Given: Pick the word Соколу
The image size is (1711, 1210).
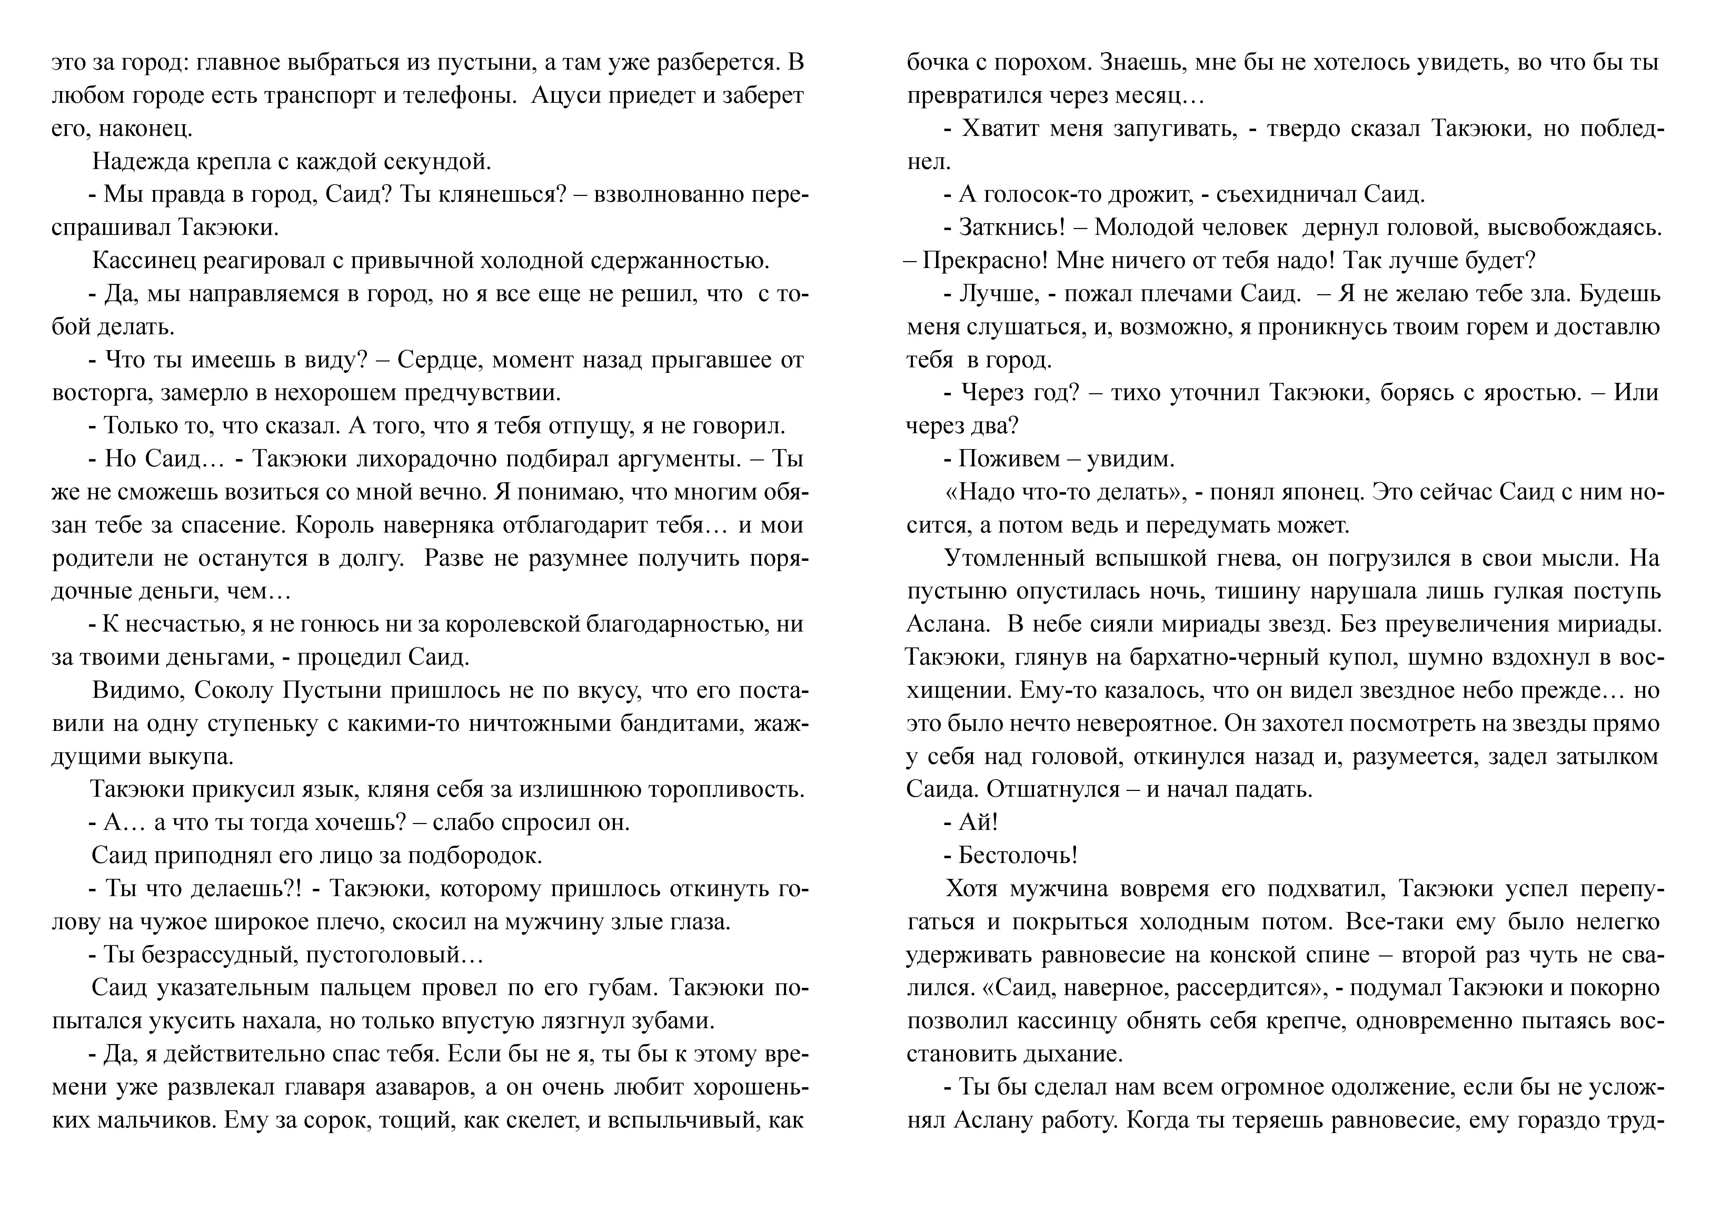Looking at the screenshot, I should [236, 691].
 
